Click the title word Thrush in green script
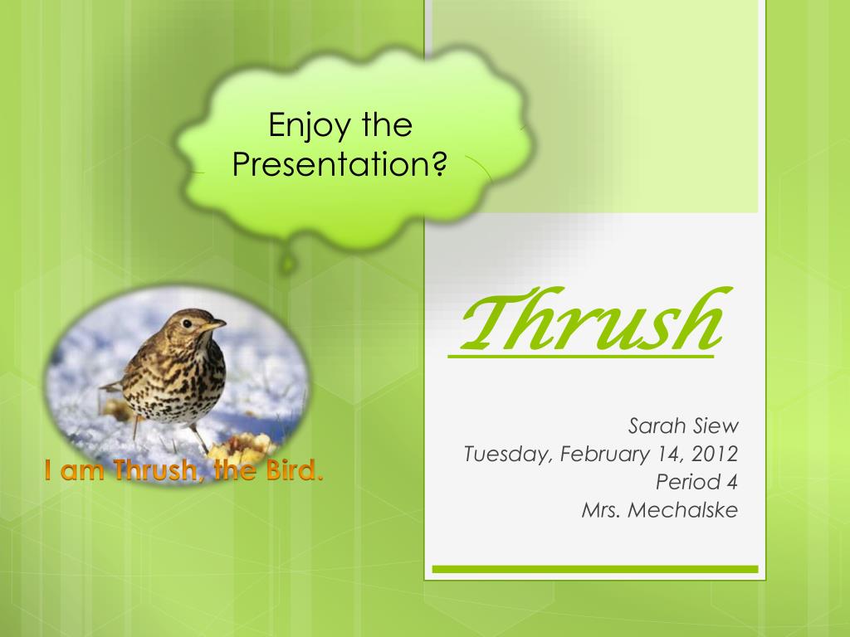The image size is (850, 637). point(589,323)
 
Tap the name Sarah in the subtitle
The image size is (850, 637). point(657,427)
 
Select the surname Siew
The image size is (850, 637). point(715,427)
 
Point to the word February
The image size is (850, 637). point(601,455)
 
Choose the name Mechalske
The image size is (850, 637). point(682,509)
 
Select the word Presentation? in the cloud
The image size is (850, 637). point(340,164)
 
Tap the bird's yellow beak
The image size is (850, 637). point(213,325)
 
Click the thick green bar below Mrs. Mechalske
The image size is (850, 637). point(595,569)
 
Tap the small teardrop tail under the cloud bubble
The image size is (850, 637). point(287,264)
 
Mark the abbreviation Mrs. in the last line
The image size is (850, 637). point(600,509)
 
